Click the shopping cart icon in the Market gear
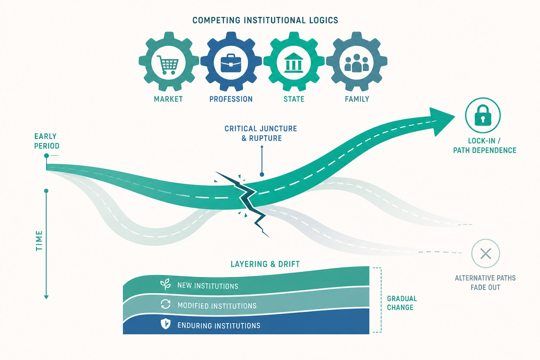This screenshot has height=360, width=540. point(168,65)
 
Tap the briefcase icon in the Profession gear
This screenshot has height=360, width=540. point(231,63)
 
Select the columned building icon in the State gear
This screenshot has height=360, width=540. point(294,63)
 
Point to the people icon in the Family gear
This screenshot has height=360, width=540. point(357,63)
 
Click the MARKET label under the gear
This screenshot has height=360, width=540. point(168,99)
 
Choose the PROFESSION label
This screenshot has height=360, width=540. point(231,99)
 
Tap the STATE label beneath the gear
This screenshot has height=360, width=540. point(294,99)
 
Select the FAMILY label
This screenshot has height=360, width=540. point(357,99)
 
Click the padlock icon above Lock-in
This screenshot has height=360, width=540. point(483,115)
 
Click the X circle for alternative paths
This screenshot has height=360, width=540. point(486,253)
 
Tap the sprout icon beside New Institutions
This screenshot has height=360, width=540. point(166,284)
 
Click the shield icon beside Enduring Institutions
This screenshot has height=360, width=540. point(166,323)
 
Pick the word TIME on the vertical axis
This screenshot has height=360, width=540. point(39,240)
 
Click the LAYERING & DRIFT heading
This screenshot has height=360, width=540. point(265,264)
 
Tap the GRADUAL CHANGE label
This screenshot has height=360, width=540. point(402,303)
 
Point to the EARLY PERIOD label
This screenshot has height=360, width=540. point(46,141)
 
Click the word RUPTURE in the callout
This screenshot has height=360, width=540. point(265,138)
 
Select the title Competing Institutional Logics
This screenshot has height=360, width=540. point(265,20)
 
